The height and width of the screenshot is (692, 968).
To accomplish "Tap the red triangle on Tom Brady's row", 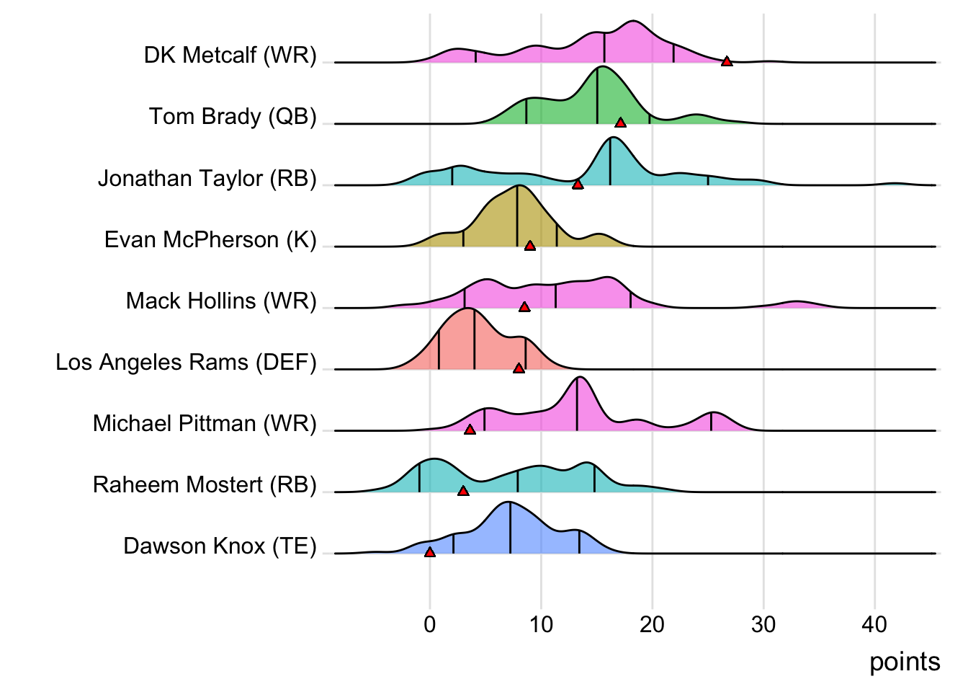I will click(620, 123).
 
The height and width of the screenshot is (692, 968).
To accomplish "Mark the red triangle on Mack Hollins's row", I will click(524, 307).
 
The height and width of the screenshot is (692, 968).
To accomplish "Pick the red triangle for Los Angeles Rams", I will click(519, 368).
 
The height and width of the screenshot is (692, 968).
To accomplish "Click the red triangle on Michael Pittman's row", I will click(470, 430).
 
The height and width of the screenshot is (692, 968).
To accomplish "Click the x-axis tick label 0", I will click(430, 624).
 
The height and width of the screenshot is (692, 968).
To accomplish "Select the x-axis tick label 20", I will click(652, 624).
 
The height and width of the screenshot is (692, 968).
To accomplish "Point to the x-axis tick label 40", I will click(874, 624).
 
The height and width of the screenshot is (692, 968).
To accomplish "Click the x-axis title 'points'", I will click(905, 662).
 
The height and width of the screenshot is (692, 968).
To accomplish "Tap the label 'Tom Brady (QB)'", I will click(233, 116).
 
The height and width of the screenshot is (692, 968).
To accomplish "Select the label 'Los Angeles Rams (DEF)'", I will click(186, 362).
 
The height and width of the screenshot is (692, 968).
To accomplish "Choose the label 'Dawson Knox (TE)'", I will click(220, 546).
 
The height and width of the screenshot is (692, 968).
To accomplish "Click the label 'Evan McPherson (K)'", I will click(210, 239).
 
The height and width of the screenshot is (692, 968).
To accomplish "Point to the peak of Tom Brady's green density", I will click(600, 67).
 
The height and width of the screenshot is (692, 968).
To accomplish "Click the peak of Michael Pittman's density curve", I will click(580, 378).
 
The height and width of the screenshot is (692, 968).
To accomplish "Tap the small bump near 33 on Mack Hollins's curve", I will click(795, 301).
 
